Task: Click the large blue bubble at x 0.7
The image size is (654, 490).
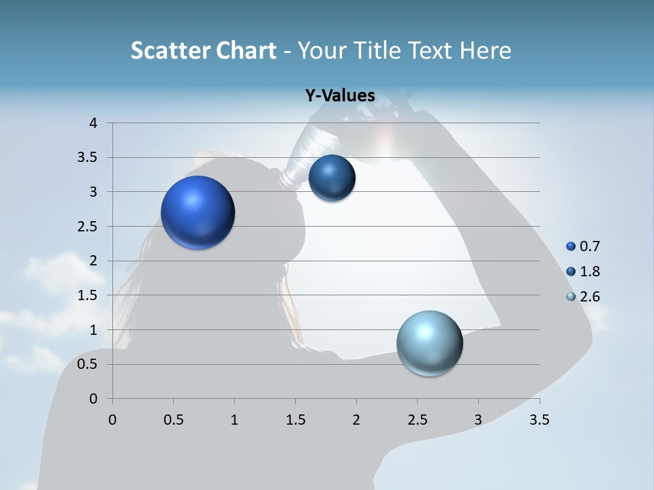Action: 198,212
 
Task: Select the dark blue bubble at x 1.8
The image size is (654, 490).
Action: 332,178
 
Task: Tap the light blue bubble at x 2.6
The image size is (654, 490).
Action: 429,343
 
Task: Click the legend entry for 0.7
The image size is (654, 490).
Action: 582,246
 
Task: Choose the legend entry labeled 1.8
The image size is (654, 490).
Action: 582,272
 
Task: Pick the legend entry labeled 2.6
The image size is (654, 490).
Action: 582,297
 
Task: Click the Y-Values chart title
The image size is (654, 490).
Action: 340,96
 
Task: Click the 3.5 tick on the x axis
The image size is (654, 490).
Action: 539,420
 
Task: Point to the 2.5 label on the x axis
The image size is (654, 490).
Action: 417,420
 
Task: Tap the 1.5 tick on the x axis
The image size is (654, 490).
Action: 295,420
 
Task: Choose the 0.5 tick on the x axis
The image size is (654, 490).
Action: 173,420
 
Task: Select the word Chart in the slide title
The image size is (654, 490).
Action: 246,50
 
